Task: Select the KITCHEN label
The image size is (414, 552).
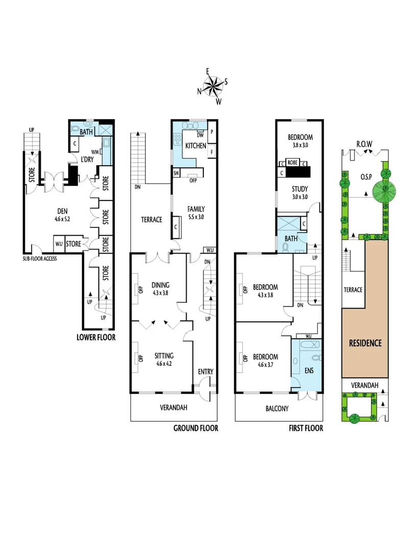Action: point(195,146)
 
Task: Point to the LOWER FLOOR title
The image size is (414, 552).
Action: point(96,337)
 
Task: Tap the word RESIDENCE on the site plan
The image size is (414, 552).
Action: point(365,342)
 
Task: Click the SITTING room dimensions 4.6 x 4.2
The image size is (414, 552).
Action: point(165,364)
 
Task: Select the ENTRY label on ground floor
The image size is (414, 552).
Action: point(205,372)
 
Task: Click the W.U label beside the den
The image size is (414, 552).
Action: point(58,244)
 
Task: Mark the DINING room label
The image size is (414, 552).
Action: point(160,285)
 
